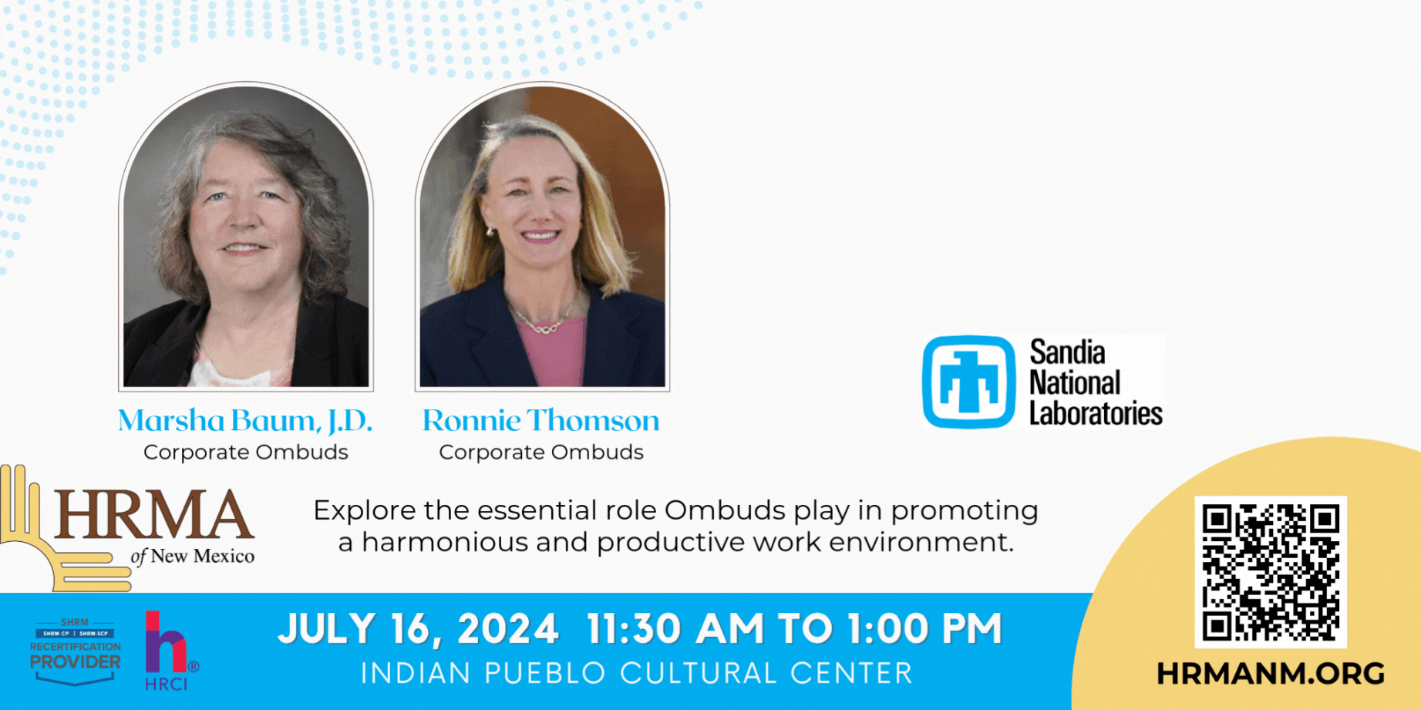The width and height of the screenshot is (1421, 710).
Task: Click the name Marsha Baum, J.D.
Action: [x=245, y=421]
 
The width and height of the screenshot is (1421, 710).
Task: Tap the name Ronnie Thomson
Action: [x=540, y=420]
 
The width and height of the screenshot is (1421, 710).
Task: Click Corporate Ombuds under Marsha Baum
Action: [x=246, y=452]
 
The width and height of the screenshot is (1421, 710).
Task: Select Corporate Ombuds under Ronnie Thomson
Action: [x=541, y=452]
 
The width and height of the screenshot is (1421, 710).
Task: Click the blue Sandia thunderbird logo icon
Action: [x=969, y=382]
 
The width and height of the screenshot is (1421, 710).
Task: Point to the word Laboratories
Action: [x=1096, y=413]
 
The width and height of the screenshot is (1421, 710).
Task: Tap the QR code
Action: [x=1271, y=572]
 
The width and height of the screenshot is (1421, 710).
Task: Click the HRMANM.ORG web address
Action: [x=1271, y=674]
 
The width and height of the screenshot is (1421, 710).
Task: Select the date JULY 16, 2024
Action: [x=419, y=629]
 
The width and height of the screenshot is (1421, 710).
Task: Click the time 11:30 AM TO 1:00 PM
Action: [x=794, y=628]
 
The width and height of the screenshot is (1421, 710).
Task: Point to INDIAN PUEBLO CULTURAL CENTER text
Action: [x=637, y=673]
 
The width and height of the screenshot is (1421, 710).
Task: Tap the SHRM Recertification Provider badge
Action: [x=75, y=651]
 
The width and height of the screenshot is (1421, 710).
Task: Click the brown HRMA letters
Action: [x=154, y=514]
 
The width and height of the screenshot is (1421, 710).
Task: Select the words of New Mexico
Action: [x=193, y=556]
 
